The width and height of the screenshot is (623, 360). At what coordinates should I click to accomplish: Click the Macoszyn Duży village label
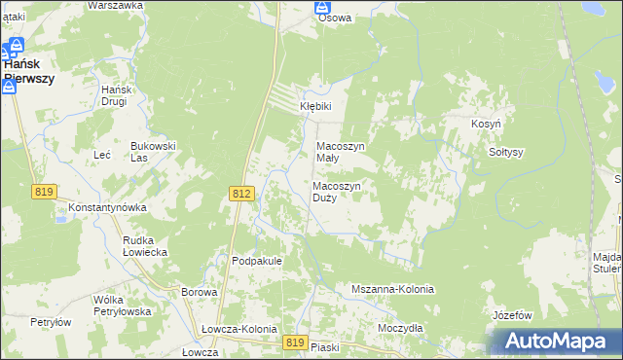point(338,191)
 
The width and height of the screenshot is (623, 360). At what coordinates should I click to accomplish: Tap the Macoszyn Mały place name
point(341,152)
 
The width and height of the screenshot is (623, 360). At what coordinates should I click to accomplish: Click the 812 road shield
point(242,194)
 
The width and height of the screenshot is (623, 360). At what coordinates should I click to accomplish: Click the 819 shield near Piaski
point(297,342)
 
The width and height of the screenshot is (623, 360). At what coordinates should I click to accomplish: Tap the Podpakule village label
point(257,261)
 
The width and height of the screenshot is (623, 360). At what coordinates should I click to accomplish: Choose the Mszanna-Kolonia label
point(392,290)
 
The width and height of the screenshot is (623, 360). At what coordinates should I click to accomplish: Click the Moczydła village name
point(400,328)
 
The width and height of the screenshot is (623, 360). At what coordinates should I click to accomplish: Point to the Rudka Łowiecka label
point(145,245)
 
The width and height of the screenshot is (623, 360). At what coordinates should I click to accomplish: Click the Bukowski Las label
point(153,152)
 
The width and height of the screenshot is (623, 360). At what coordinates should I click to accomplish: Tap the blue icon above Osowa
point(322,6)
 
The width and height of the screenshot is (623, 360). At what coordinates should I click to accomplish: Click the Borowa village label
point(199,292)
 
